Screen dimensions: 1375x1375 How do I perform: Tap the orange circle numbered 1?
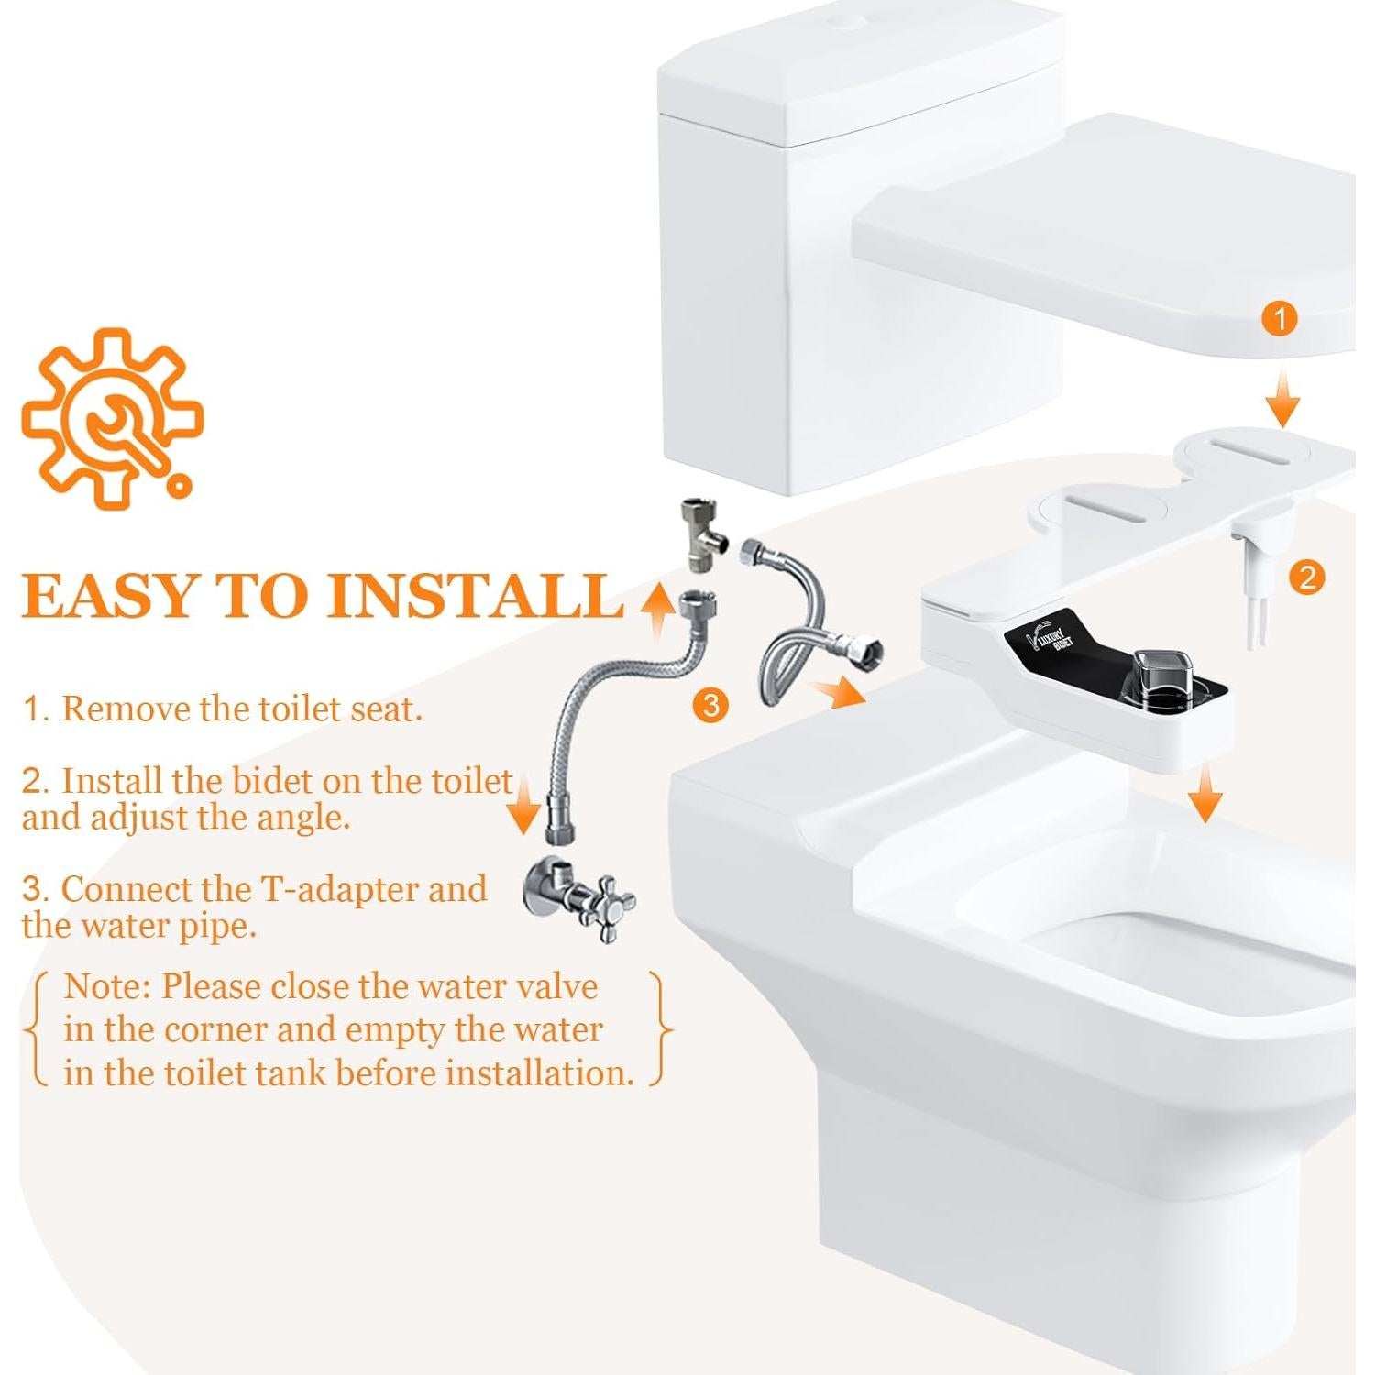pos(1280,319)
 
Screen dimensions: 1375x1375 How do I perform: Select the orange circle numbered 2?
pos(1306,577)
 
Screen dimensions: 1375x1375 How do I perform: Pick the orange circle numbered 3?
pos(709,705)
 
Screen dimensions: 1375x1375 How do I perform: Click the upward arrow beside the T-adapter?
pos(656,609)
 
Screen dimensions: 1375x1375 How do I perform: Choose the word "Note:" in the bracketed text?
pos(107,987)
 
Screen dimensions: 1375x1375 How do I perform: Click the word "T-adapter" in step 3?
pos(340,889)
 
